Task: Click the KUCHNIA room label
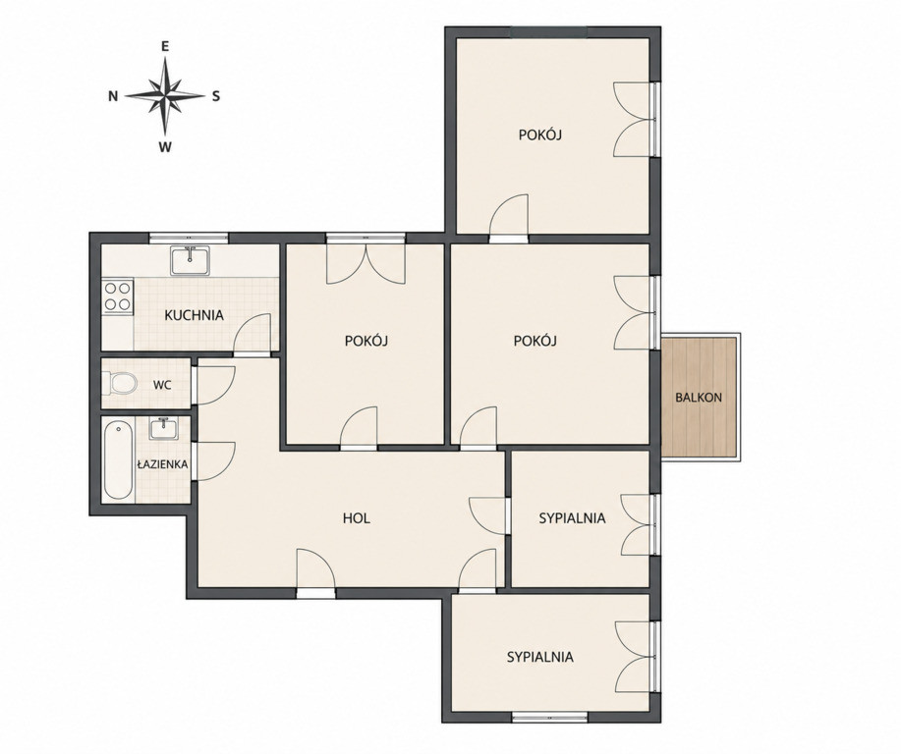(x=194, y=315)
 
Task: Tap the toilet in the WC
(x=120, y=383)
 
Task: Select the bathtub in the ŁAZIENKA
(x=118, y=460)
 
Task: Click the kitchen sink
(x=191, y=261)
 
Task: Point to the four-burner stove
(x=117, y=296)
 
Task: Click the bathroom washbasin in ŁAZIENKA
(x=164, y=428)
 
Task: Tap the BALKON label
(x=699, y=398)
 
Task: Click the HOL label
(x=357, y=518)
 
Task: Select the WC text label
(x=162, y=385)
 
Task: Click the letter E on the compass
(x=165, y=48)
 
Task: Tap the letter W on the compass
(x=165, y=147)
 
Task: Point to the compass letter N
(x=113, y=96)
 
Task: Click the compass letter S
(x=216, y=96)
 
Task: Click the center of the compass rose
(x=165, y=96)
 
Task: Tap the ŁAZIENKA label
(x=163, y=464)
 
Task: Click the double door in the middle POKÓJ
(x=366, y=264)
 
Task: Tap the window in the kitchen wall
(x=189, y=238)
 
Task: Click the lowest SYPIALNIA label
(x=540, y=657)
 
